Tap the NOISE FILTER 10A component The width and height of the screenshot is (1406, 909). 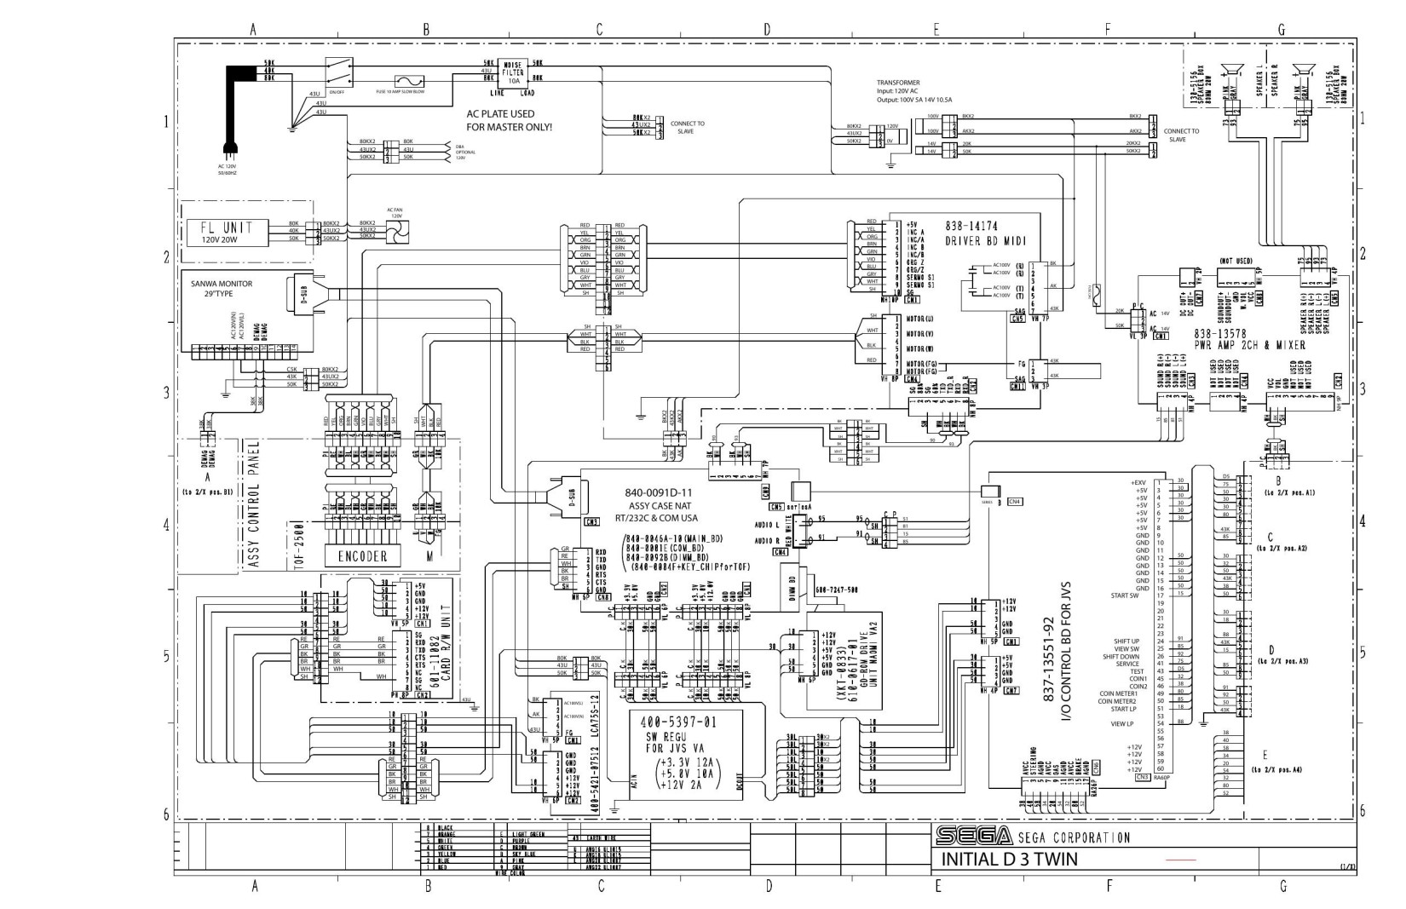tap(514, 72)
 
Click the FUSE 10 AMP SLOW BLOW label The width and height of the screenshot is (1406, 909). tap(400, 91)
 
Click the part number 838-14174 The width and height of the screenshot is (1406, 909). tap(971, 227)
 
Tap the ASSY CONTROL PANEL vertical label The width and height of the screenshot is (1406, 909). tap(253, 504)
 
